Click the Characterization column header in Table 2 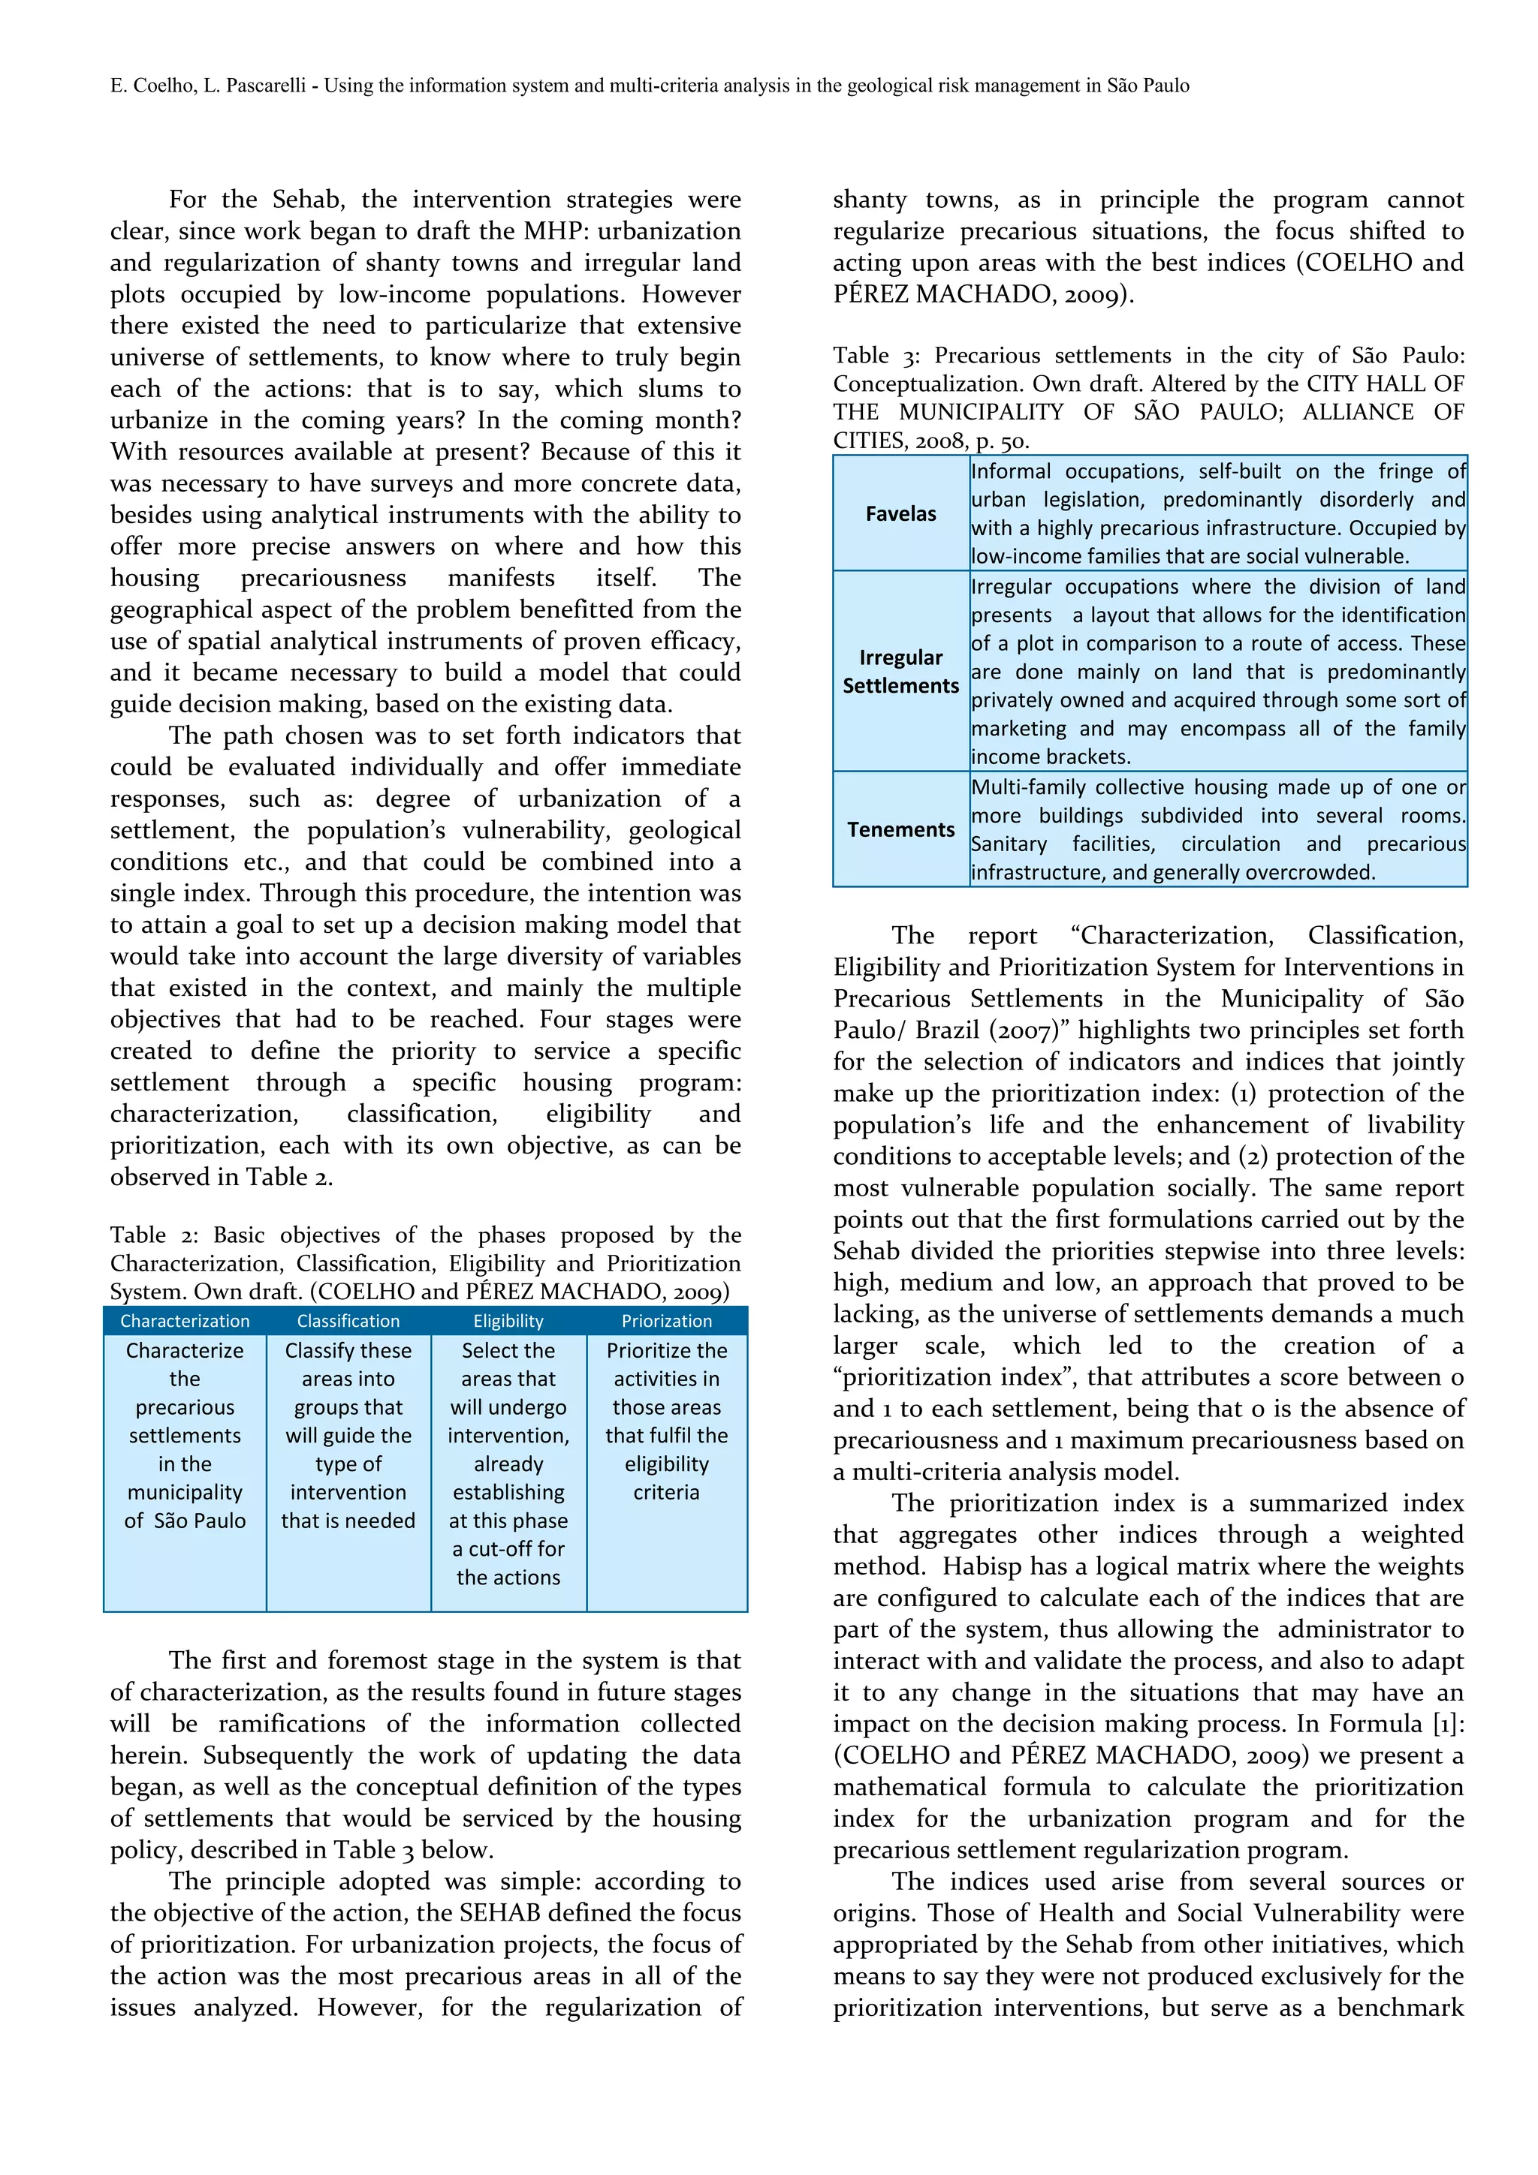pos(185,1321)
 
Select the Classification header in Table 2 pos(348,1321)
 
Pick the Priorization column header pos(666,1321)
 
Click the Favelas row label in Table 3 pos(900,513)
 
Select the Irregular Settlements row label pos(900,671)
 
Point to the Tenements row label pos(900,829)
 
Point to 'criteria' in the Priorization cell pos(666,1492)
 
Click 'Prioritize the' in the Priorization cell pos(666,1350)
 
